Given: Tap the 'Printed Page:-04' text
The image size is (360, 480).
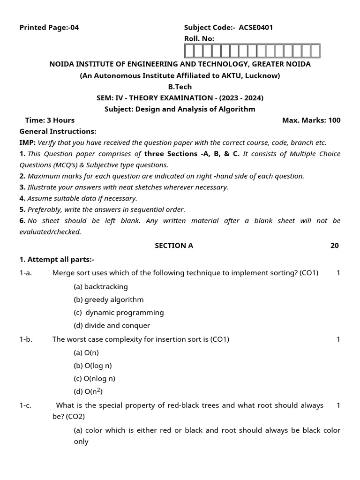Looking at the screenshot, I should pos(49,27).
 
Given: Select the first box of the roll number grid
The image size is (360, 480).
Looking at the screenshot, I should pos(189,51).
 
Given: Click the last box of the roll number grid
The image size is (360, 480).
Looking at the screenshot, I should pos(315,51).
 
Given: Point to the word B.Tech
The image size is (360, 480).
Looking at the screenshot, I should pos(180,87).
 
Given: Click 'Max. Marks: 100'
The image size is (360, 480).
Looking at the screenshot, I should pos(311,120).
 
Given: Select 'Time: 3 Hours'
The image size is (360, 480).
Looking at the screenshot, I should pos(50,120).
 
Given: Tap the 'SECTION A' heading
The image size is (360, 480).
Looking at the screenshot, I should pos(174,246).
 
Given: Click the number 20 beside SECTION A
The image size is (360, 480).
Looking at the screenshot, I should pos(334,246).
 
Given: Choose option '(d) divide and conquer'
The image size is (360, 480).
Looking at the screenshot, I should pos(112,325).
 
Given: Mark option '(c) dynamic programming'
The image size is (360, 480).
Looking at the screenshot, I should pos(119,313).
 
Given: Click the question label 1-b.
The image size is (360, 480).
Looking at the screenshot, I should pos(26,339).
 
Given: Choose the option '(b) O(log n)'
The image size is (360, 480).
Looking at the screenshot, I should pos(93,366).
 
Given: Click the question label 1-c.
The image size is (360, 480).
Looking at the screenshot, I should pos(26,405).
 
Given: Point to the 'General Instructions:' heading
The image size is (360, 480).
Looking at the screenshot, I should pos(58,132).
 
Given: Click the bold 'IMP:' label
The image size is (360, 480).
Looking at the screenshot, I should pos(27,143).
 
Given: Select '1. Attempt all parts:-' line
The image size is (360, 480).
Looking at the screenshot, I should pos(57,260).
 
